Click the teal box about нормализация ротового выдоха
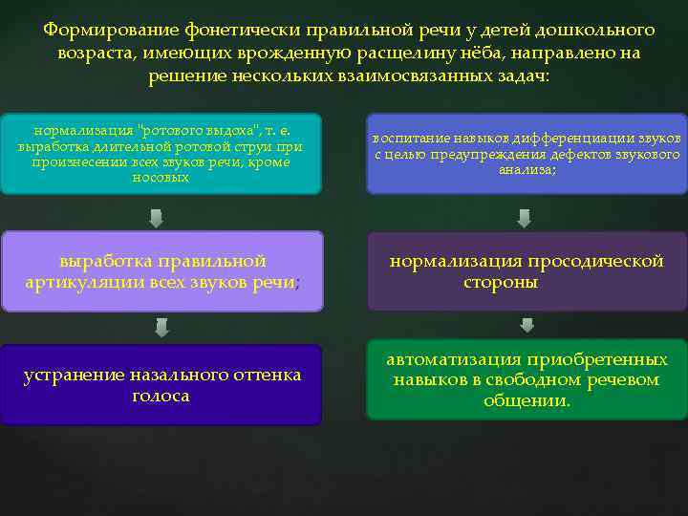(161, 153)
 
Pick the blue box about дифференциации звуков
(527, 153)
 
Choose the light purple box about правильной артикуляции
(161, 271)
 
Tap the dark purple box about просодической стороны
(527, 271)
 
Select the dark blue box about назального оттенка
(161, 384)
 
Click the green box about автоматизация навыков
(527, 380)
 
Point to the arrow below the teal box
(156, 219)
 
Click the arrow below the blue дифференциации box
(524, 219)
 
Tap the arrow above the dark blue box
(161, 328)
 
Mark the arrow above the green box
(527, 326)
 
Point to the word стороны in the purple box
(500, 283)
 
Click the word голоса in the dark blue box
(161, 396)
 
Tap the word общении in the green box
(526, 401)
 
